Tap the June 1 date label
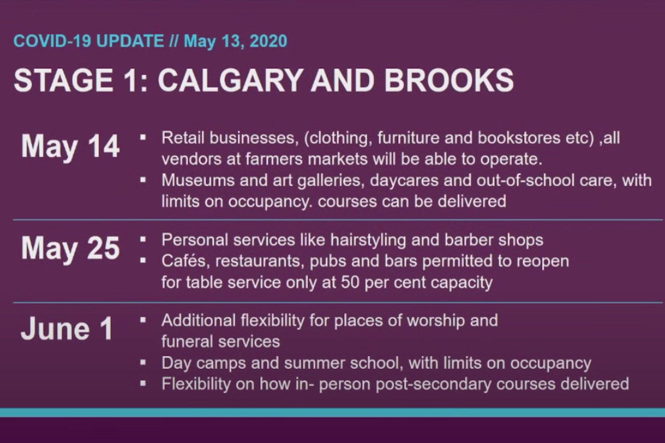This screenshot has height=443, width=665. [67, 328]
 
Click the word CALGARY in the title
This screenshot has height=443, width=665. [231, 81]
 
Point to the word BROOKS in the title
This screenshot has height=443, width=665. [449, 81]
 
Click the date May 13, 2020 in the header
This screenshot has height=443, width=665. [235, 41]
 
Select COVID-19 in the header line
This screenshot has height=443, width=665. [52, 41]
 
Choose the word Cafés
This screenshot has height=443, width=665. [186, 261]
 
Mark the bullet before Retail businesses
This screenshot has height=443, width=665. [143, 137]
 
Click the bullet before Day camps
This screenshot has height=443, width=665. [143, 362]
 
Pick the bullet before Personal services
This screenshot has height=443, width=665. [143, 240]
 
